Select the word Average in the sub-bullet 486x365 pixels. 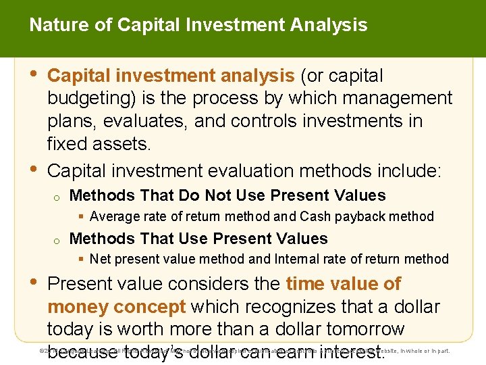113,217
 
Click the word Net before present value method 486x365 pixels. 101,259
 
